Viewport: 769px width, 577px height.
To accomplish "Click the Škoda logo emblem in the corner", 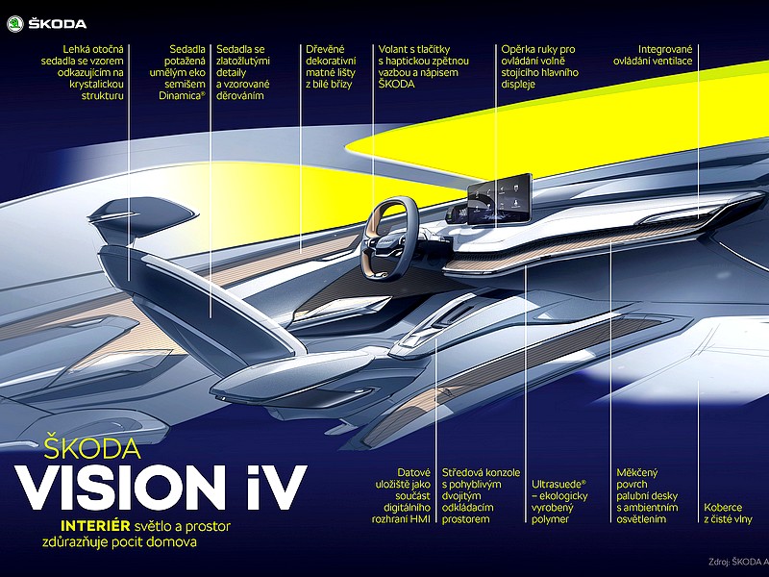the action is [x=15, y=23].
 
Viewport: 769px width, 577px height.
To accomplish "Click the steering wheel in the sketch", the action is [x=389, y=238].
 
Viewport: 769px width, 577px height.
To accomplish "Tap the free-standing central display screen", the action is [x=500, y=199].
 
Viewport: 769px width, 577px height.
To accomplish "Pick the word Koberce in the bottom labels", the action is [x=724, y=508].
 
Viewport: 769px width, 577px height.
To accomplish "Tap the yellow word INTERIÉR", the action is [x=95, y=526].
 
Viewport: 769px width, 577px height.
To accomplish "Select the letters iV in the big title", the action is [x=277, y=488].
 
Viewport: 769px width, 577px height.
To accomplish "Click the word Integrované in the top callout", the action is [x=665, y=49].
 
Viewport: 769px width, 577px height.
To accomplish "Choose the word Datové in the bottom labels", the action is [x=413, y=472].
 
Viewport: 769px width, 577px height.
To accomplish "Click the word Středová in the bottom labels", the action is [x=461, y=472].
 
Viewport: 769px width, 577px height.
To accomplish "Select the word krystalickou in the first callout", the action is [x=97, y=84].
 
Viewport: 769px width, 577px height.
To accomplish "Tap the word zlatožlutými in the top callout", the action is [x=243, y=61].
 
